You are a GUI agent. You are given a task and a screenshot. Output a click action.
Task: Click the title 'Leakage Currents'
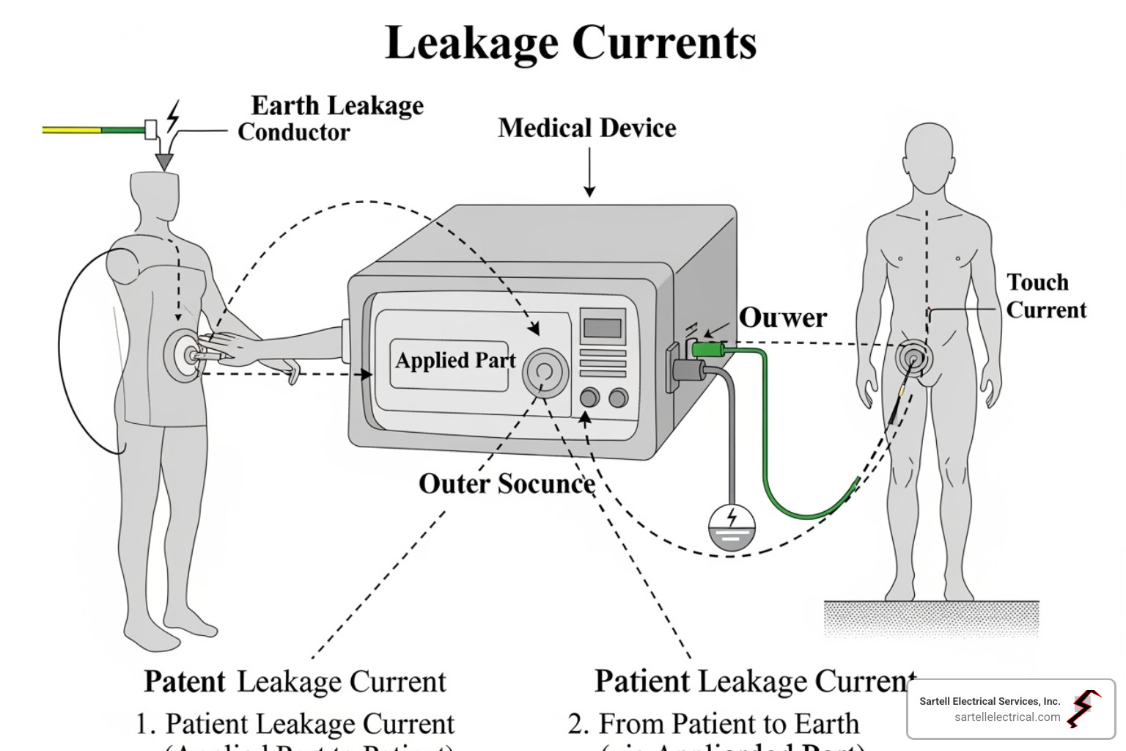pos(570,43)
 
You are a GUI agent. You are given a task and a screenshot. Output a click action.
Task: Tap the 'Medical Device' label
pos(586,128)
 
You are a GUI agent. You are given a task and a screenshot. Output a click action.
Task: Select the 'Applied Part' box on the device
pos(455,361)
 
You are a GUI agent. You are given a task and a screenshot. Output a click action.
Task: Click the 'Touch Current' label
pos(1045,296)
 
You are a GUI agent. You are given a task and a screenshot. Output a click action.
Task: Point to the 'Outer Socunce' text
pos(507,484)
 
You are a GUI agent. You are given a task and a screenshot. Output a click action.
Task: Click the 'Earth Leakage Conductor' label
pos(330,119)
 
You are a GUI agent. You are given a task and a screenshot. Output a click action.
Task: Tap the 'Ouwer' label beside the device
pos(782,318)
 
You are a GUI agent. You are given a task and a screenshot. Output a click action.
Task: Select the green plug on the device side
pos(709,349)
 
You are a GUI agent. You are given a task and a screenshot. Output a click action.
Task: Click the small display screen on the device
pos(603,327)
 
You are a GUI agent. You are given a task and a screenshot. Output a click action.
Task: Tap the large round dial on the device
pos(545,372)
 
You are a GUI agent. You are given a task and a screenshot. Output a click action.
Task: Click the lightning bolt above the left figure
pos(173,117)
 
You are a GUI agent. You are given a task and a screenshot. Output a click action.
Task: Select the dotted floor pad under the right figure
pos(931,619)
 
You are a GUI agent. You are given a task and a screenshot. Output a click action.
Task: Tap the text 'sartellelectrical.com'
pos(1007,717)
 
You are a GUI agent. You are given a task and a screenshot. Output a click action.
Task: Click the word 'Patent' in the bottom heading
pos(185,681)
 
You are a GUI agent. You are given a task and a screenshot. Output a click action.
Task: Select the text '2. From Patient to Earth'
pos(713,724)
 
